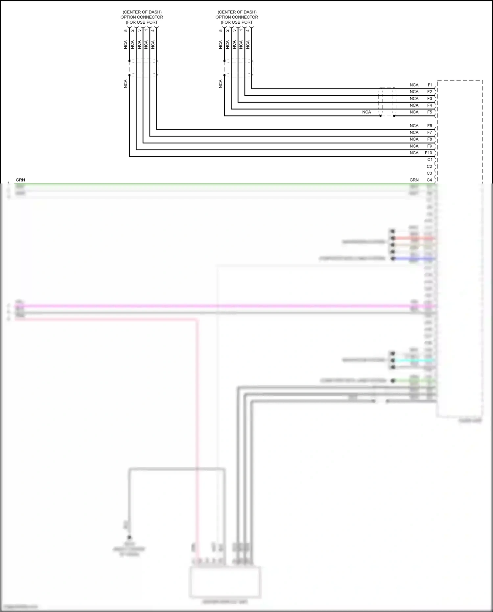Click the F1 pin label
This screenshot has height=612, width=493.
click(x=430, y=85)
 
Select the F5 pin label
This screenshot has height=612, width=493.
click(x=430, y=112)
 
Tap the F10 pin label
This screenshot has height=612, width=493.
click(x=428, y=153)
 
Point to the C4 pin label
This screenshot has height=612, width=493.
click(x=429, y=180)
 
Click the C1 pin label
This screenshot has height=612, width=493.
click(x=430, y=159)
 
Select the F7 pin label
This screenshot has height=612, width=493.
click(x=430, y=133)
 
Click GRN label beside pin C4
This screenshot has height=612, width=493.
click(x=414, y=180)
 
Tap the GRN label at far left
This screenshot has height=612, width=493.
click(x=20, y=180)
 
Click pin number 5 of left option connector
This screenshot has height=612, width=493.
click(x=126, y=31)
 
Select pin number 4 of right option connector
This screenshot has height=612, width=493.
click(x=248, y=31)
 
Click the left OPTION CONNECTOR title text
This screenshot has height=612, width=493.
click(x=142, y=17)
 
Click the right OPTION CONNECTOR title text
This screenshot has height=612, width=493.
click(x=237, y=17)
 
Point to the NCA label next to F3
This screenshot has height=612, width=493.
click(x=414, y=99)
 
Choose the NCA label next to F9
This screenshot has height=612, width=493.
click(x=414, y=146)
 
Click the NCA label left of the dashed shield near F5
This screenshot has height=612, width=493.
click(x=366, y=112)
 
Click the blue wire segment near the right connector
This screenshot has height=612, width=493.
click(x=414, y=259)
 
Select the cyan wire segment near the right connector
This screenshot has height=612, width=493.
click(x=414, y=360)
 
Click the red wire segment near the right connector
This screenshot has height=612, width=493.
click(x=414, y=238)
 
